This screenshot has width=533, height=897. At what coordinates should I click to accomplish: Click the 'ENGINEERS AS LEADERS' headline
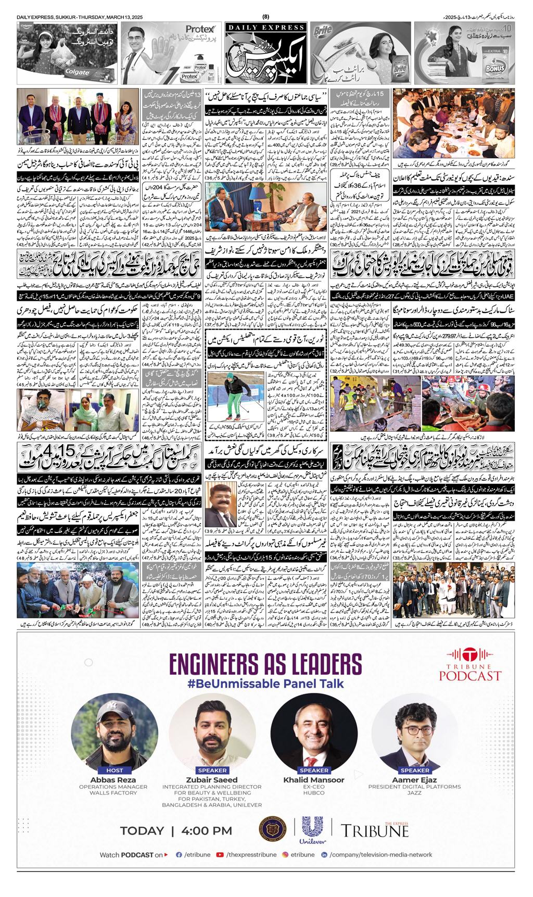pos(265,664)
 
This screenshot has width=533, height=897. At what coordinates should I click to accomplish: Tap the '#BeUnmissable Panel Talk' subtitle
pos(265,685)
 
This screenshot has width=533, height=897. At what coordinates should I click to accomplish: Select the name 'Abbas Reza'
pos(113,780)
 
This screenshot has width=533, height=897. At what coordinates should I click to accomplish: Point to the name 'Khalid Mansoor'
pos(314,780)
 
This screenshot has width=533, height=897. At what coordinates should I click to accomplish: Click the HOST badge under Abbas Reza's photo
pos(115,770)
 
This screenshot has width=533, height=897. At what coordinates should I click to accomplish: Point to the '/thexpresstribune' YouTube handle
pos(250,855)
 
